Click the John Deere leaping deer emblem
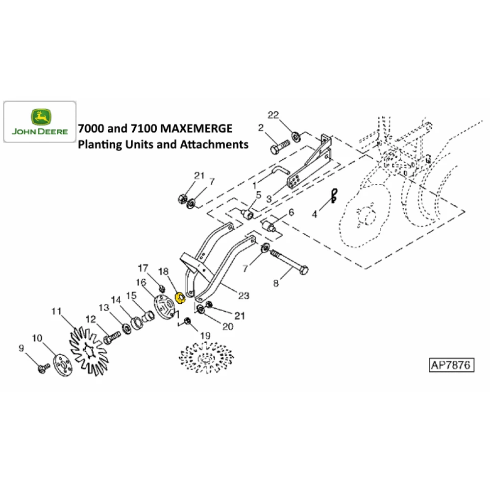pos(41,117)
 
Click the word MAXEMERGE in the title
pos(197,128)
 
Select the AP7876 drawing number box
pos(451,365)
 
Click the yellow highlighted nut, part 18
pos(180,298)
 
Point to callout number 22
pos(273,115)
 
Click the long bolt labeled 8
pos(289,262)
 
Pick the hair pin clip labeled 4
pos(334,196)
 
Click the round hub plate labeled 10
pos(63,365)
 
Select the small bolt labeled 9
pos(44,368)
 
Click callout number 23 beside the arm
pos(244,295)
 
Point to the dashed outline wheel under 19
pos(206,358)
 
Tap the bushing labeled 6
pos(269,226)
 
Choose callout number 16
pos(141,282)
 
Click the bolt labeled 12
pos(112,338)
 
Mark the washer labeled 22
pos(295,137)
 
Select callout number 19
pos(205,336)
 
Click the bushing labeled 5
pos(247,215)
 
